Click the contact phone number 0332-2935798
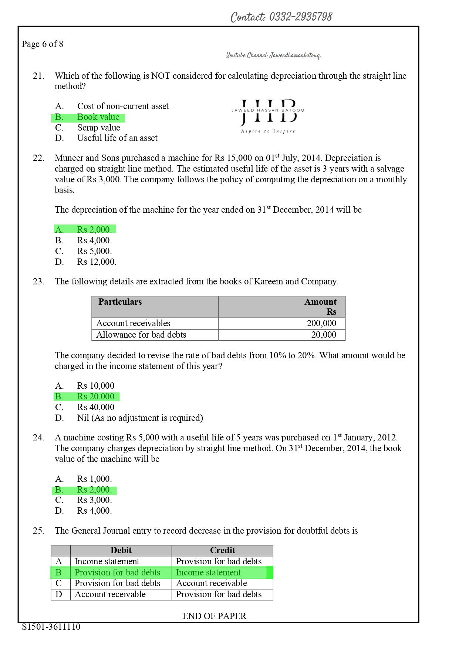coord(300,17)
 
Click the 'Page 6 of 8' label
coord(43,44)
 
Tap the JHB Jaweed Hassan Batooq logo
coord(268,115)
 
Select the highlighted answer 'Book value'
coord(98,117)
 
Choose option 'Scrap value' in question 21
coord(98,128)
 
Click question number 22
coord(38,158)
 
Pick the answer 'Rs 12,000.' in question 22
coord(97,262)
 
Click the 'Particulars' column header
coord(120,302)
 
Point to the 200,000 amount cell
coord(321,323)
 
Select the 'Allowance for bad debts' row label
coord(141,335)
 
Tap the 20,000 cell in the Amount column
coord(324,335)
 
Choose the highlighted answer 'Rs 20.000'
coord(95,396)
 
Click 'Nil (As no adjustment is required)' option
coord(140,418)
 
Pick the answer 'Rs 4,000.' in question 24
coord(94,511)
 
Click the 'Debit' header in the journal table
coord(121,550)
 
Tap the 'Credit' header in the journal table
coord(222,550)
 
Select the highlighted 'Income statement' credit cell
coord(208,572)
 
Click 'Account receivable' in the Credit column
coord(211,583)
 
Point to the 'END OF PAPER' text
coord(215,616)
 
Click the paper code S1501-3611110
coord(51,627)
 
